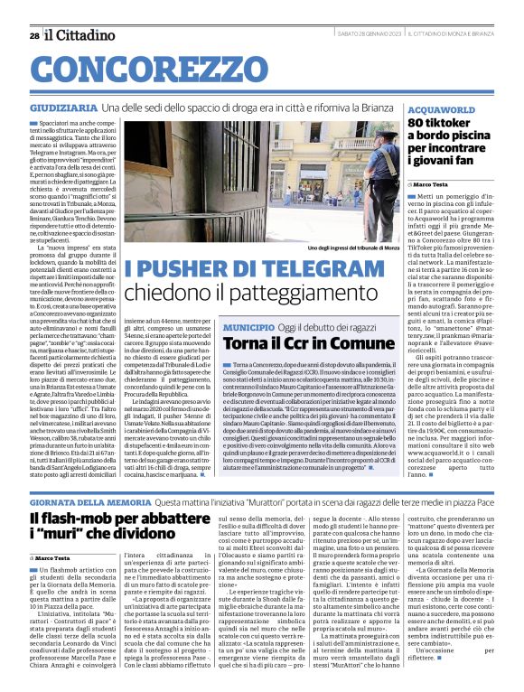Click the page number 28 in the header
point(33,34)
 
